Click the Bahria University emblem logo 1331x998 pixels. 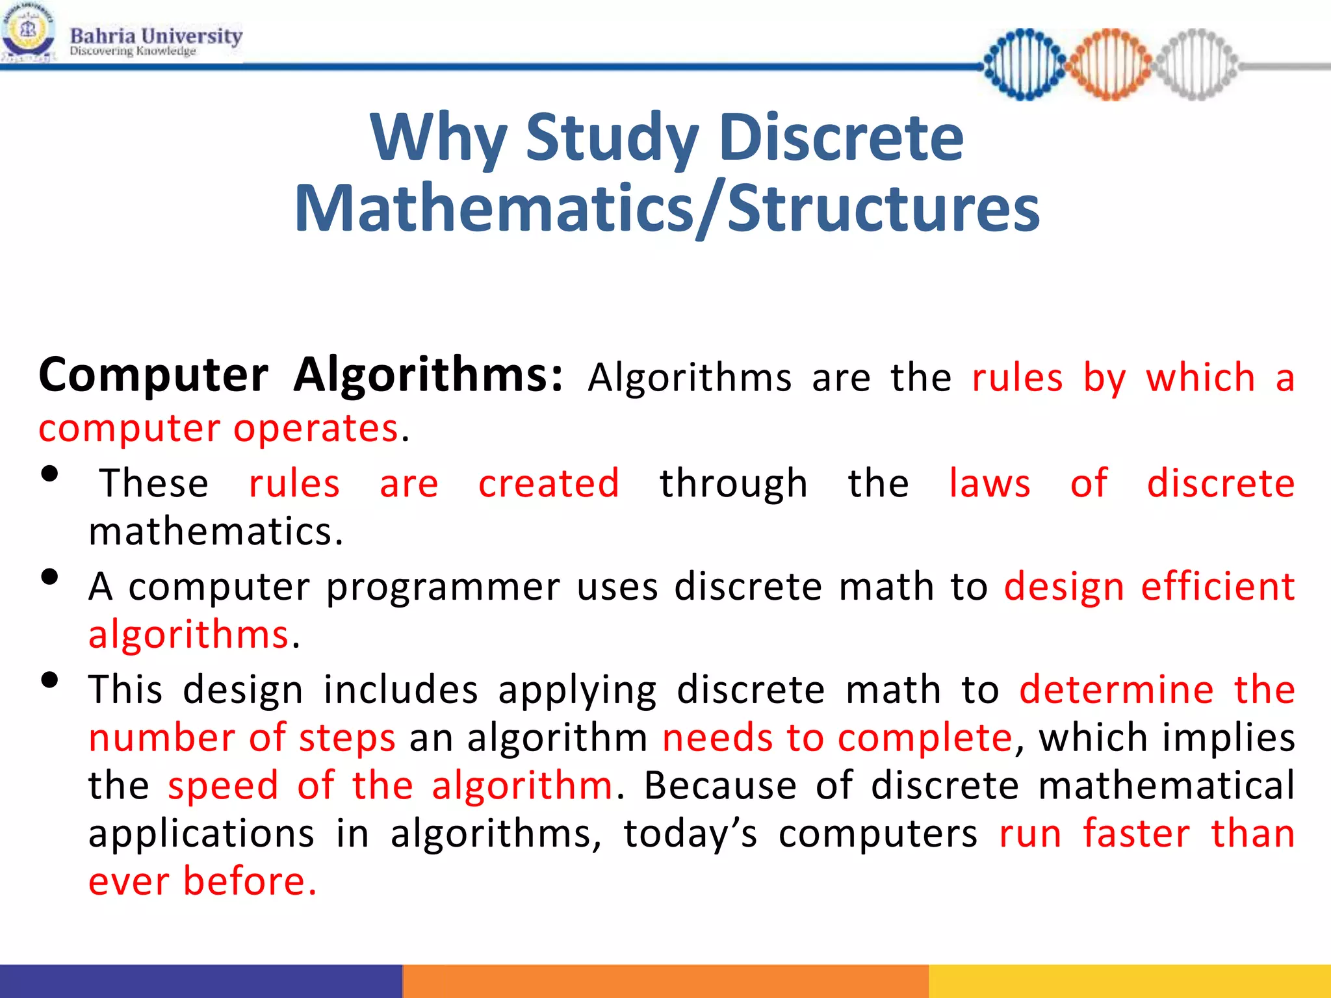27,32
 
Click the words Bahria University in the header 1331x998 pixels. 156,35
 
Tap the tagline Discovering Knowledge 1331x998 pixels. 133,51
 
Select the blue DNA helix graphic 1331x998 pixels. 1025,64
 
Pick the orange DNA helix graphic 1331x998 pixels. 1110,64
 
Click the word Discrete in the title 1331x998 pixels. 841,137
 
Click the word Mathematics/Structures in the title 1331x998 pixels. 667,208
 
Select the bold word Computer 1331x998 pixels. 153,376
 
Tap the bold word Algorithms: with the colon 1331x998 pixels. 428,376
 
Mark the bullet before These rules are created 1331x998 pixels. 49,474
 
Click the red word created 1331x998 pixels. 549,484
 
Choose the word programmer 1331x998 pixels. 443,587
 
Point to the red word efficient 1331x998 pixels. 1218,586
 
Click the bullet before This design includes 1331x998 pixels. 49,680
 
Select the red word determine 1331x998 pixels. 1116,690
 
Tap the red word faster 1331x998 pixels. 1136,834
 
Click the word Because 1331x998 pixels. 720,786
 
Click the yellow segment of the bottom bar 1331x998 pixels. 1130,981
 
